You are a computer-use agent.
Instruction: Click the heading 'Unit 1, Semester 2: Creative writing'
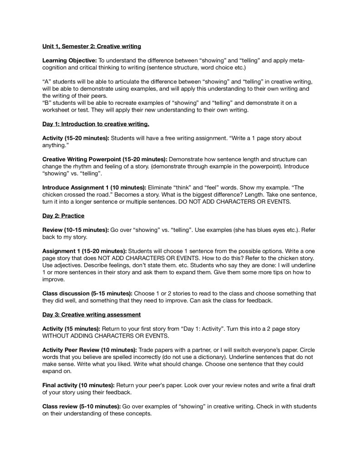pos(91,46)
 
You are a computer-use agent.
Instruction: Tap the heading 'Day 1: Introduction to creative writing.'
pos(96,123)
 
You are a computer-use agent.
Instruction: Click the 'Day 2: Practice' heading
pos(63,215)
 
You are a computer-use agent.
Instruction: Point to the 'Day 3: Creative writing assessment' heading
pos(91,314)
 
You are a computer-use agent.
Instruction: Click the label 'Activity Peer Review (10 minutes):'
pos(89,350)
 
